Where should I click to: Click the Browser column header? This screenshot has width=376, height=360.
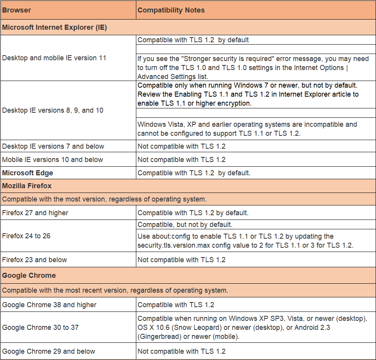[x=16, y=10]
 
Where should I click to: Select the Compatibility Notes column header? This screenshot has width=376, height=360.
[x=171, y=10]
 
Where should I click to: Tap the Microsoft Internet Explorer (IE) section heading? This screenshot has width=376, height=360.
[x=54, y=27]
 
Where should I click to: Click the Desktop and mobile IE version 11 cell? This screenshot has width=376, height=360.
[x=54, y=58]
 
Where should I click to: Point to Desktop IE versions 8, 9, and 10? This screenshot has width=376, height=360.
[x=53, y=110]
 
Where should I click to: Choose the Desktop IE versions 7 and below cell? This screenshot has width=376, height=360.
[x=53, y=146]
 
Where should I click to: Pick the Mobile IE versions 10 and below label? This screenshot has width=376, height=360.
[x=52, y=160]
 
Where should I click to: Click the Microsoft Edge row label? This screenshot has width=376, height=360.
[x=27, y=173]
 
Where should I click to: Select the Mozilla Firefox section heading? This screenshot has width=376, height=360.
[x=27, y=186]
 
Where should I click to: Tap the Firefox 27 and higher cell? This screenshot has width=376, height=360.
[x=35, y=213]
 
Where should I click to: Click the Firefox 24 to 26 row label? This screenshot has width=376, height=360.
[x=26, y=236]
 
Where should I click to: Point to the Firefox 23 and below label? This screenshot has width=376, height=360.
[x=34, y=260]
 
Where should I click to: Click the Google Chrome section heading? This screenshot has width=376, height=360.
[x=29, y=275]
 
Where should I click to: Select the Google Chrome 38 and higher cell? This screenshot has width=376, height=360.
[x=49, y=305]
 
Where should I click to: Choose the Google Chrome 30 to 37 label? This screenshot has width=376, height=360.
[x=40, y=328]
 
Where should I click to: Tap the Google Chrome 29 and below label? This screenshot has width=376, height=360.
[x=49, y=351]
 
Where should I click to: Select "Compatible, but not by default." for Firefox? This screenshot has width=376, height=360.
[x=185, y=225]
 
